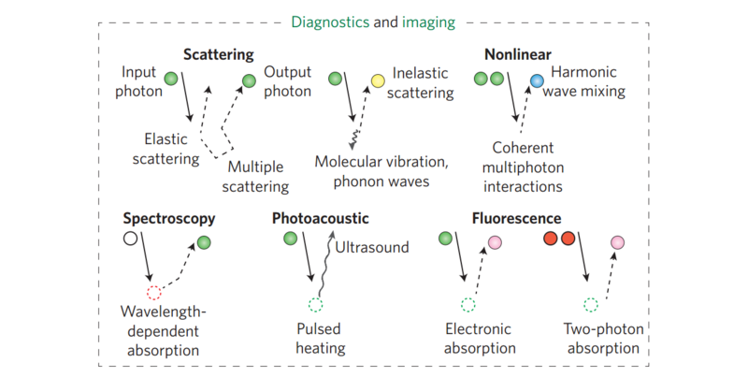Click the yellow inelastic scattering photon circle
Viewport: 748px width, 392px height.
(x=378, y=80)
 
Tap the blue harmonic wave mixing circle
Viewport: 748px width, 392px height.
(x=537, y=80)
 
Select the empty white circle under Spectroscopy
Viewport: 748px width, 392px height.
(x=131, y=240)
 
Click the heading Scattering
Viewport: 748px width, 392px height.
(x=219, y=54)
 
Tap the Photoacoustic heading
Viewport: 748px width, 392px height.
(x=320, y=219)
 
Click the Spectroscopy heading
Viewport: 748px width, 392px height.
(x=169, y=219)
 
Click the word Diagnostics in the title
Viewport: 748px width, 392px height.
(x=328, y=20)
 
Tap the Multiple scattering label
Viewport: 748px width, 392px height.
(x=258, y=176)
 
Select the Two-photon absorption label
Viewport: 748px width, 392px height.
(x=602, y=339)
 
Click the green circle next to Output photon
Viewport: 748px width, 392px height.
(x=249, y=80)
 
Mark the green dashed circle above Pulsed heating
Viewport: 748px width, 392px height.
(x=315, y=304)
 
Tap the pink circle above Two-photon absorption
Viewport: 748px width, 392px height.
(x=617, y=243)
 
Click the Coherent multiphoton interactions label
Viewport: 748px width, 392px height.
(x=524, y=167)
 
